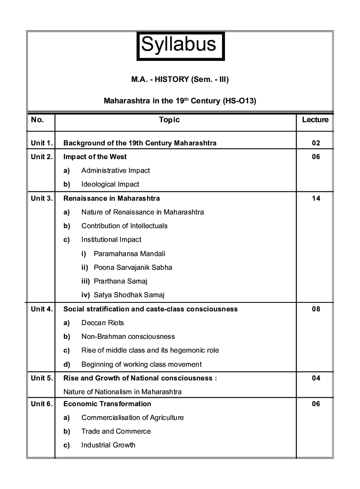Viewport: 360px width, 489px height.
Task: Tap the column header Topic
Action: coord(169,120)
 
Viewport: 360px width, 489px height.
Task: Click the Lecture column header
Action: coord(315,120)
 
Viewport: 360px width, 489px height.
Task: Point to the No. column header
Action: coord(37,120)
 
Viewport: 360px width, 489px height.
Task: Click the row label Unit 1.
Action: coord(42,143)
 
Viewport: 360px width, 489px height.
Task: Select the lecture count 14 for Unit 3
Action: coord(316,198)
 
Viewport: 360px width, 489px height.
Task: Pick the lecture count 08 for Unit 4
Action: coord(316,309)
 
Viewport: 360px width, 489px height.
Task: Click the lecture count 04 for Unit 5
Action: coord(316,378)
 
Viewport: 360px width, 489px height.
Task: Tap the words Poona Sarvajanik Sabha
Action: coord(133,267)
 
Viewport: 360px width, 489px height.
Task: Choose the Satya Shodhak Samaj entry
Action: coord(129,295)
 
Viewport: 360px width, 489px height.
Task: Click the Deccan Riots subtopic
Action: coord(102,323)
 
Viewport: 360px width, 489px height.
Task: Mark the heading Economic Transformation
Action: coord(107,404)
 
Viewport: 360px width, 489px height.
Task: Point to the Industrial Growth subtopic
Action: coord(108,445)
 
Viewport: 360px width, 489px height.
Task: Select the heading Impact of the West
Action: coord(95,157)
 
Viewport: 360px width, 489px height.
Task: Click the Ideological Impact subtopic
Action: coord(110,184)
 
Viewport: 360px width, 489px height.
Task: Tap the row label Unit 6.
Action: coord(42,404)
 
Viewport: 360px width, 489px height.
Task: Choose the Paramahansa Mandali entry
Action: coord(129,254)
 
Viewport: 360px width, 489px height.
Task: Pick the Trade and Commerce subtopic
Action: coord(116,431)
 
